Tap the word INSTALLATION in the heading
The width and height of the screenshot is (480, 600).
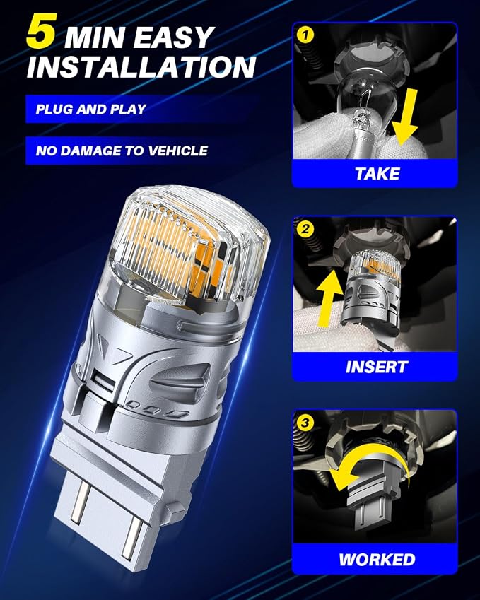(141, 67)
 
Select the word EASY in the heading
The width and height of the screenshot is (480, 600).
(174, 37)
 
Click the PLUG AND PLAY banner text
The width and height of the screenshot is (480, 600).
(91, 109)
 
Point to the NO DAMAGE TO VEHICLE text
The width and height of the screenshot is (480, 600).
(122, 151)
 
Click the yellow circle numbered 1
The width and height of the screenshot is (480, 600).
(305, 35)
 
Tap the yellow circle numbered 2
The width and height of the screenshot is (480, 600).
(305, 229)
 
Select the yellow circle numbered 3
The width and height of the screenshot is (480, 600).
(305, 423)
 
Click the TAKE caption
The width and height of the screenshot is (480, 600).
(377, 174)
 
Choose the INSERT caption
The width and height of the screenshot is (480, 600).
(376, 367)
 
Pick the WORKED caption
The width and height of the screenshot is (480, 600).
(377, 560)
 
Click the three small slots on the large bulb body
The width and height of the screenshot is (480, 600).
(158, 409)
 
